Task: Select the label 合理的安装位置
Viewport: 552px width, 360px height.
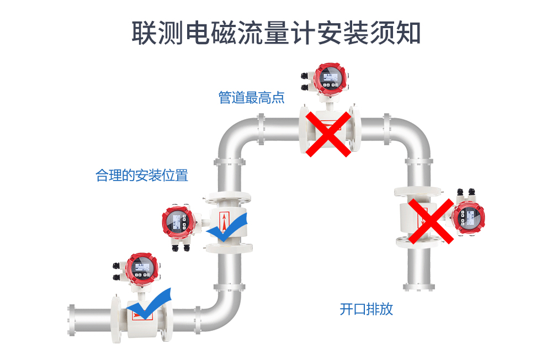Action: pos(142,176)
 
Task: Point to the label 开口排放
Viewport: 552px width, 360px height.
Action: pos(366,309)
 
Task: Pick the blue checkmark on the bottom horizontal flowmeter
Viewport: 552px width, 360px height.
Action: pos(150,304)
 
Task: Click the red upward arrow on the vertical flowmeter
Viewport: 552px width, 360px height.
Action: pos(224,221)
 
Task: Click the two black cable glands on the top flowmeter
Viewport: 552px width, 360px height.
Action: pos(304,81)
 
